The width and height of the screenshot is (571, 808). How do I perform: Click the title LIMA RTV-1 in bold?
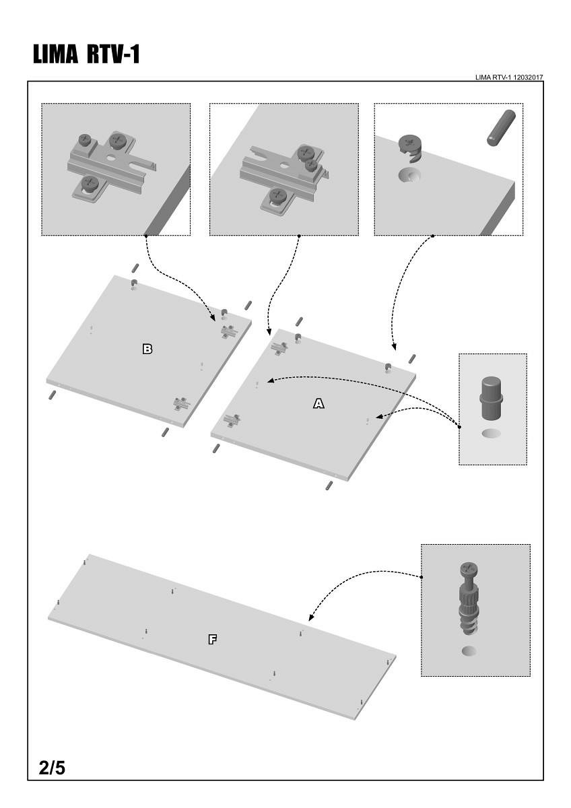click(x=86, y=55)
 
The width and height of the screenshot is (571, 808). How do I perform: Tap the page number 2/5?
click(x=53, y=767)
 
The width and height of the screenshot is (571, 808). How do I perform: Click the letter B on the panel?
click(x=147, y=349)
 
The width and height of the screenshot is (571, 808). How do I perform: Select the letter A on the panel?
click(x=319, y=403)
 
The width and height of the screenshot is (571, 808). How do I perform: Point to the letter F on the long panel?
click(x=212, y=640)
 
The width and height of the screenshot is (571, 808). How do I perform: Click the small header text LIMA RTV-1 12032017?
click(x=509, y=77)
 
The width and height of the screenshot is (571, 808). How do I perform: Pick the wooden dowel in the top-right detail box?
click(x=501, y=127)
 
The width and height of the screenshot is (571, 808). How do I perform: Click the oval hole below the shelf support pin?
click(x=492, y=432)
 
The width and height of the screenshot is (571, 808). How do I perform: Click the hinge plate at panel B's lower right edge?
click(x=180, y=403)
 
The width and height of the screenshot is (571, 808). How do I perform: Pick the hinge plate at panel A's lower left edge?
click(x=231, y=421)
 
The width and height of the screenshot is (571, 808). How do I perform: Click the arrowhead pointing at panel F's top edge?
click(x=310, y=617)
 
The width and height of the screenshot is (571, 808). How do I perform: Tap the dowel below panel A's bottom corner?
click(x=329, y=485)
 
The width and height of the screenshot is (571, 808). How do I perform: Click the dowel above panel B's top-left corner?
click(x=135, y=268)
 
